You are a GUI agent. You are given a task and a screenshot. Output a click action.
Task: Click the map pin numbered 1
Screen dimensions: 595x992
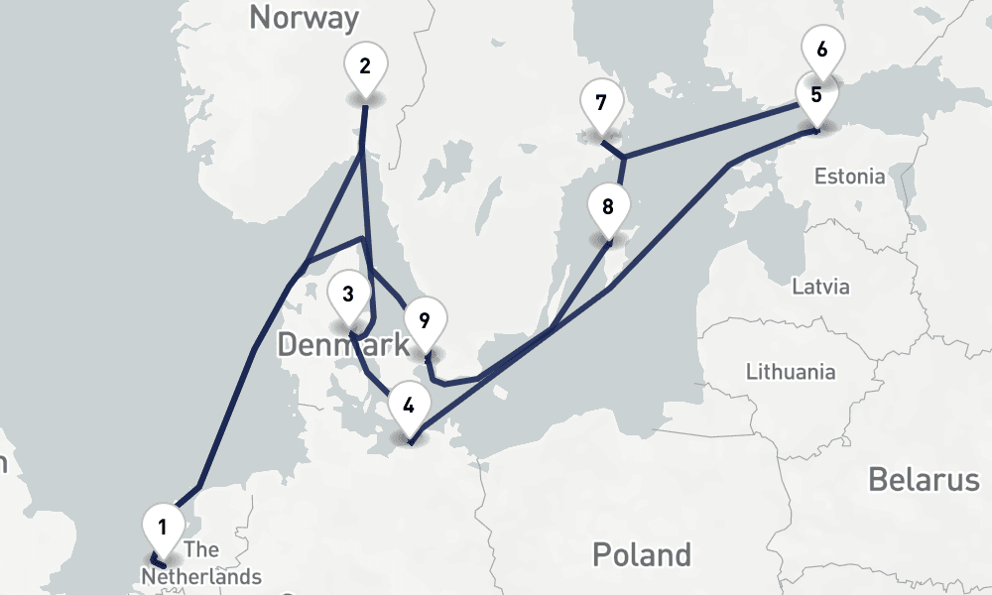163,523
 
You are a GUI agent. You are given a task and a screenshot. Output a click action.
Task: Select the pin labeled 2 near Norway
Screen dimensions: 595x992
365,66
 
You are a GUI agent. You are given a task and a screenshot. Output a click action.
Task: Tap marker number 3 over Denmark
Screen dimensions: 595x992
348,295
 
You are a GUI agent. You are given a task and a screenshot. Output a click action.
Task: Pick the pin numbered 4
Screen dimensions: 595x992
409,405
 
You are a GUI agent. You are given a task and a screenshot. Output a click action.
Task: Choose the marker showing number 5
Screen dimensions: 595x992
815,96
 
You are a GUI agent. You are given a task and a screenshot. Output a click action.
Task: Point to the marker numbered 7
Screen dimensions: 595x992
600,103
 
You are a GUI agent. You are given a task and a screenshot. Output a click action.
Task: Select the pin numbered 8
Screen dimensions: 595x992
608,207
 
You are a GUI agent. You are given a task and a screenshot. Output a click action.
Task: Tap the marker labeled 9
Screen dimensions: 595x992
425,320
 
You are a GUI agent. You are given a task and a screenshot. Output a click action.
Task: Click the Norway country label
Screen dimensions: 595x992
304,17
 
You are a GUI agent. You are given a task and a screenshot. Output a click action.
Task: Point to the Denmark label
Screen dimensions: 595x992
342,345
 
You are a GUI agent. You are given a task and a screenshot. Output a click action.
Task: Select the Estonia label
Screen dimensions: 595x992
849,177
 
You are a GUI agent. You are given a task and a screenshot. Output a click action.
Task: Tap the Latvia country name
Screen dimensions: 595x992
821,287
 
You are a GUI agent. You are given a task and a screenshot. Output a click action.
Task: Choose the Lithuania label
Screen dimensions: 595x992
791,373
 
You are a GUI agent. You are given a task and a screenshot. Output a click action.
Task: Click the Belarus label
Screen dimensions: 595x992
924,480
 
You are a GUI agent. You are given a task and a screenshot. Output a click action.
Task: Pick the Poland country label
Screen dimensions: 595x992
641,553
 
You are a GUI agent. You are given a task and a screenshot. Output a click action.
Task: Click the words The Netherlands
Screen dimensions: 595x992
201,563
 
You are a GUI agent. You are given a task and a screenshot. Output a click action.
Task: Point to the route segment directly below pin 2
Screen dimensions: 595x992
364,129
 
